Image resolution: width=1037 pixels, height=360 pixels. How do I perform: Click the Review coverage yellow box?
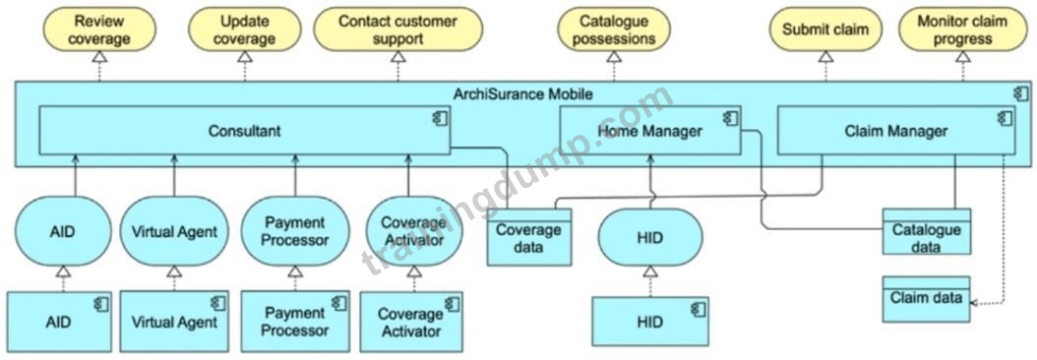pos(99,30)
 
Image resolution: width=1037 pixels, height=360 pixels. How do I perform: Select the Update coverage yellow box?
pos(244,30)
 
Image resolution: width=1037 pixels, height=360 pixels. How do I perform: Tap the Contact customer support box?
pos(397,30)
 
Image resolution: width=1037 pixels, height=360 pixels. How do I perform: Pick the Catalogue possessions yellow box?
pos(614,30)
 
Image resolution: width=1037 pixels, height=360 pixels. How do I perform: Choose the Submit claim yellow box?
pos(825,30)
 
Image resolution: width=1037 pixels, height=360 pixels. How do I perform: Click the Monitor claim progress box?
pos(963,30)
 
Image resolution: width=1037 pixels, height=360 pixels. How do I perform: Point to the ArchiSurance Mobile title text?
pos(522,94)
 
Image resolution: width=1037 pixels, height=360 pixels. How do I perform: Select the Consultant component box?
pos(245,131)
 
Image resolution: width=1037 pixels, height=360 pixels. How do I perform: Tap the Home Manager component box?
pos(650,131)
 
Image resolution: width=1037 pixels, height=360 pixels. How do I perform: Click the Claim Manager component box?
pos(895,131)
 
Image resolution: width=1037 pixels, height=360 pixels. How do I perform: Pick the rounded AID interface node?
pos(62,231)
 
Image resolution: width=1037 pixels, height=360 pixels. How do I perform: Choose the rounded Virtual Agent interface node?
pos(174,231)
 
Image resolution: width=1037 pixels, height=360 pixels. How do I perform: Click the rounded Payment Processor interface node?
pos(295,231)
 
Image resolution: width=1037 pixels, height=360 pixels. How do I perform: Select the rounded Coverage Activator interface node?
pos(413,231)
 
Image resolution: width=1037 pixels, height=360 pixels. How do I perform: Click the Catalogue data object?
pos(927,231)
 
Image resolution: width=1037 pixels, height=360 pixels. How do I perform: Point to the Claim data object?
pos(926,299)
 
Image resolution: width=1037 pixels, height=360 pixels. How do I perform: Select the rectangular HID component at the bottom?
pos(650,322)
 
